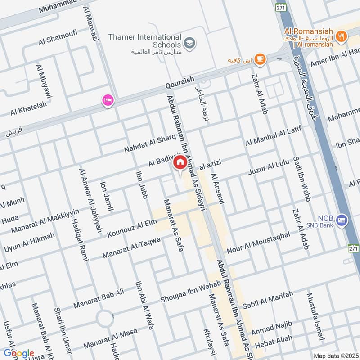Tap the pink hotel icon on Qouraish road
tap(108, 100)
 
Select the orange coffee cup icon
tap(260, 58)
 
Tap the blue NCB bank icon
tap(342, 220)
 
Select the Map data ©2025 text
tap(335, 355)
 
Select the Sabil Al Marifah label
tap(268, 300)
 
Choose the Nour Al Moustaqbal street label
tap(258, 242)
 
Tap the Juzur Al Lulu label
tap(269, 168)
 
